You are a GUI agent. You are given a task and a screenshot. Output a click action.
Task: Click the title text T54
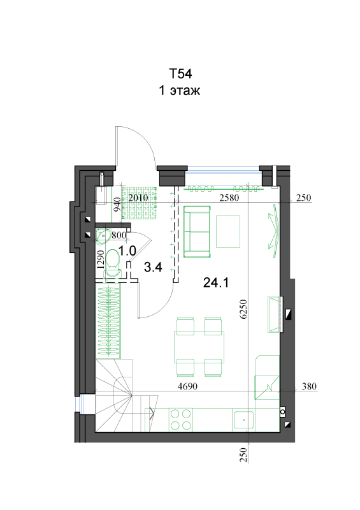coord(180,74)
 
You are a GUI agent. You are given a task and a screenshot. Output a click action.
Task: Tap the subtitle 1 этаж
coord(180,90)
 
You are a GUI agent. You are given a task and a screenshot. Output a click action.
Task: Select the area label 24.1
coord(215,282)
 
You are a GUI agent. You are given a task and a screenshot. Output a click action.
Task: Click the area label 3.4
coord(153,267)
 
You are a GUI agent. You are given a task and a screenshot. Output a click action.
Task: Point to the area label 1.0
coord(127,251)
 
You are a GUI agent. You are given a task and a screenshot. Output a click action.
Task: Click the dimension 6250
coord(243,309)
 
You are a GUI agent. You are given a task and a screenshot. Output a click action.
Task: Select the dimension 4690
coord(187,386)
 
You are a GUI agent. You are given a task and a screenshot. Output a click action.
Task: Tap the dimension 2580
coord(229,198)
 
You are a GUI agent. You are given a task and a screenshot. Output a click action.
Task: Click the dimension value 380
coord(309,386)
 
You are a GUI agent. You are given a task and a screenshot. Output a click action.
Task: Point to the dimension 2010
coord(138,198)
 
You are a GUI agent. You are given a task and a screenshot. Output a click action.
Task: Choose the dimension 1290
coord(101,259)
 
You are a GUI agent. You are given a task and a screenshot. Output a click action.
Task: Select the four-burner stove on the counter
coord(180,419)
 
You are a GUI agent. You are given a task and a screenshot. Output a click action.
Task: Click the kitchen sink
coord(243,419)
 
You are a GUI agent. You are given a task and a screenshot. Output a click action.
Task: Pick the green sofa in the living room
coord(197,231)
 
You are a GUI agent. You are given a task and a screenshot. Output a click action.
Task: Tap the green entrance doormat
coord(139,203)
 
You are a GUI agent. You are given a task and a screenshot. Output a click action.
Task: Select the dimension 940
coord(117,205)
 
